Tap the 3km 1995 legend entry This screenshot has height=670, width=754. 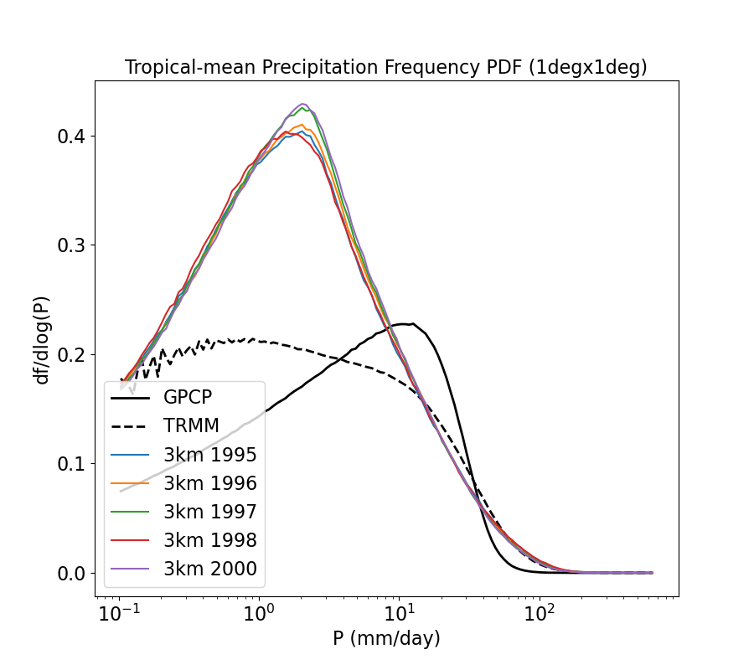pyautogui.click(x=209, y=456)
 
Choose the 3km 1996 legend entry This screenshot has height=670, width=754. pyautogui.click(x=209, y=484)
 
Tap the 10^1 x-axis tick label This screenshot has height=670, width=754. pyautogui.click(x=399, y=616)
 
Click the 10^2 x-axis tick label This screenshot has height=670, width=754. pyautogui.click(x=540, y=616)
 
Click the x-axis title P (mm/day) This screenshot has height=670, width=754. pyautogui.click(x=386, y=639)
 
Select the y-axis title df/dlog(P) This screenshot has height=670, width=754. pyautogui.click(x=42, y=338)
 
